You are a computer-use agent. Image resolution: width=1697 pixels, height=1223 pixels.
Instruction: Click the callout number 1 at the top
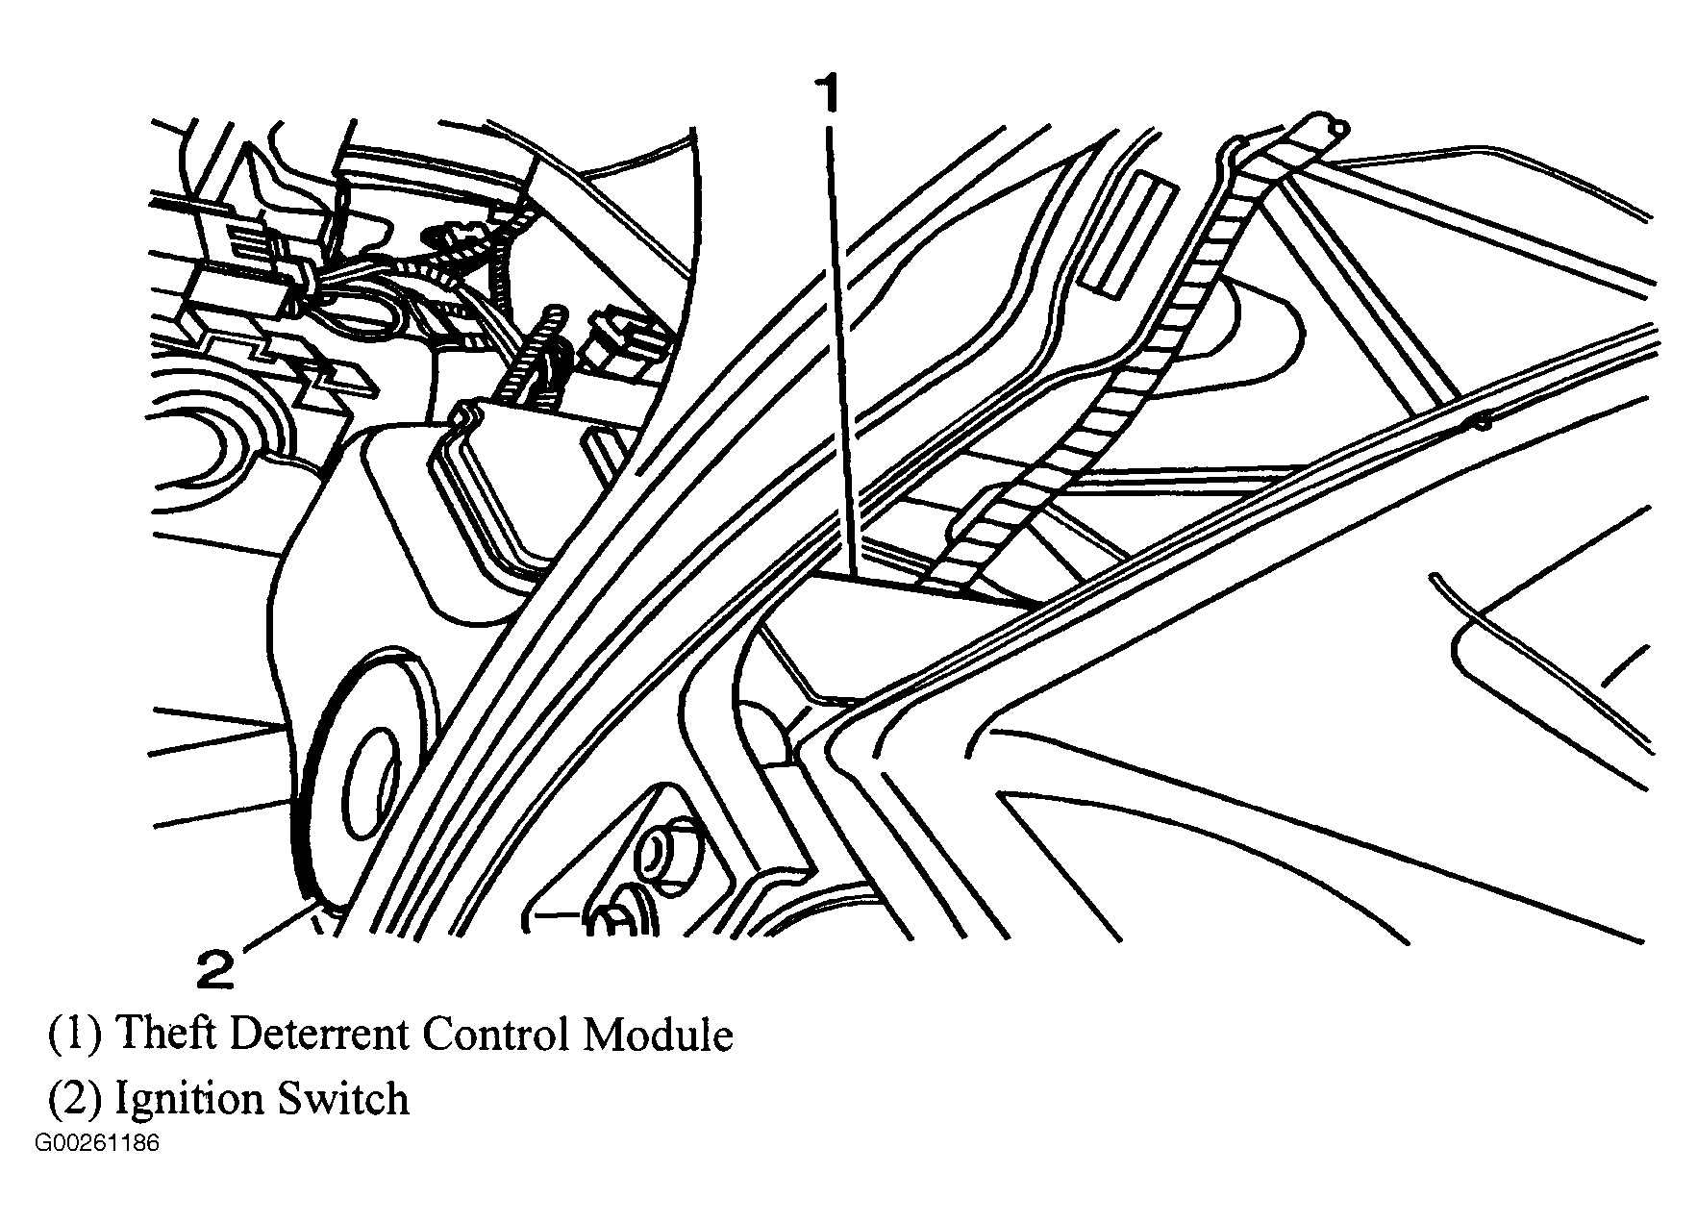point(828,97)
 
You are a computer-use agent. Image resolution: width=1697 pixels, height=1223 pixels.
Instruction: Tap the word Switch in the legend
point(343,1098)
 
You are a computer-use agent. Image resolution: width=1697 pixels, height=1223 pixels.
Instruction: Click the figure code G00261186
point(97,1145)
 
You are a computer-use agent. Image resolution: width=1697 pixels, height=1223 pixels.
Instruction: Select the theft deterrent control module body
point(894,635)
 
